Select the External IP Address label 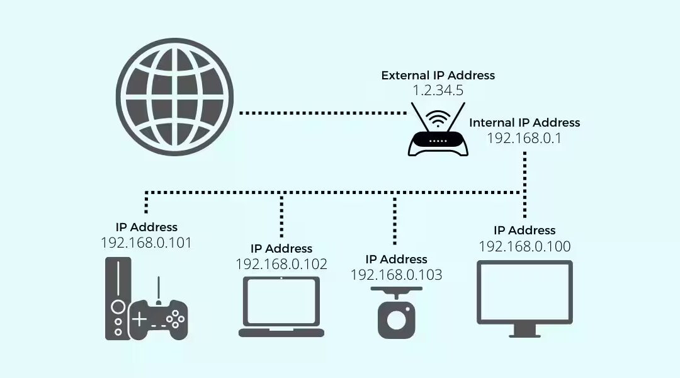click(x=438, y=76)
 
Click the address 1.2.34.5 click(x=438, y=91)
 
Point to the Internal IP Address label click(x=524, y=123)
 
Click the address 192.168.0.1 click(x=524, y=137)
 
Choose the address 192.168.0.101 click(x=146, y=243)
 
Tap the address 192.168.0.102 click(x=281, y=264)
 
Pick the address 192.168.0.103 click(x=396, y=275)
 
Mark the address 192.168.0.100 click(x=524, y=246)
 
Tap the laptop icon click(x=281, y=307)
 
